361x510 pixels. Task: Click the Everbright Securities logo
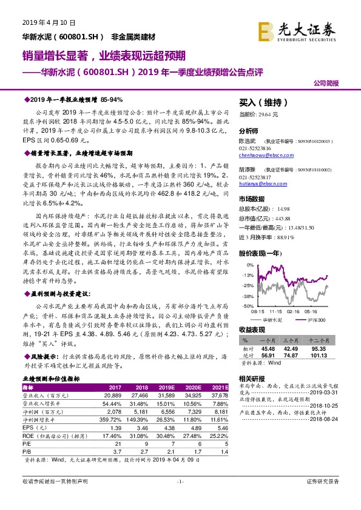(297, 28)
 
